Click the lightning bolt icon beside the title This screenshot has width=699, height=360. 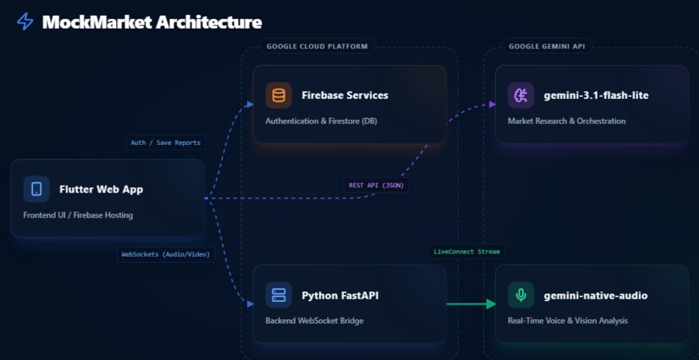tap(25, 22)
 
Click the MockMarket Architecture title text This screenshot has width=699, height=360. tap(152, 22)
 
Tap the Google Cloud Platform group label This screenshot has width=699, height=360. tap(317, 46)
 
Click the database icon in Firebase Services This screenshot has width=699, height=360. tap(278, 95)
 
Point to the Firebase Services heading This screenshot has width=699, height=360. tap(345, 95)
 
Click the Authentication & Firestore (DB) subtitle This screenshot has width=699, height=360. tap(327, 121)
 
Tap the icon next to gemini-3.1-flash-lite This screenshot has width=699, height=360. tap(520, 95)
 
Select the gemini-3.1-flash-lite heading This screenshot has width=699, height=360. tap(596, 95)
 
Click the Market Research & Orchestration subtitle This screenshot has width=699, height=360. tap(566, 121)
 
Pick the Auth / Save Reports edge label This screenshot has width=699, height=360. tap(166, 142)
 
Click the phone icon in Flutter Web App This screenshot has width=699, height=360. tap(36, 188)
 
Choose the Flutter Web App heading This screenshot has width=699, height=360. tap(101, 188)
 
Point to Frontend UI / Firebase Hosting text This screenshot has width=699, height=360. tap(78, 214)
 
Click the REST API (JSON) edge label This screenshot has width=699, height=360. tap(376, 185)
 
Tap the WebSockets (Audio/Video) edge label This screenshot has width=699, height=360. tap(166, 254)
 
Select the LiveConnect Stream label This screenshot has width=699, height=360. tap(467, 252)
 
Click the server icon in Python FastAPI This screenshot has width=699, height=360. tap(278, 295)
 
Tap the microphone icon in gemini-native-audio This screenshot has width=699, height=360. tap(520, 295)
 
